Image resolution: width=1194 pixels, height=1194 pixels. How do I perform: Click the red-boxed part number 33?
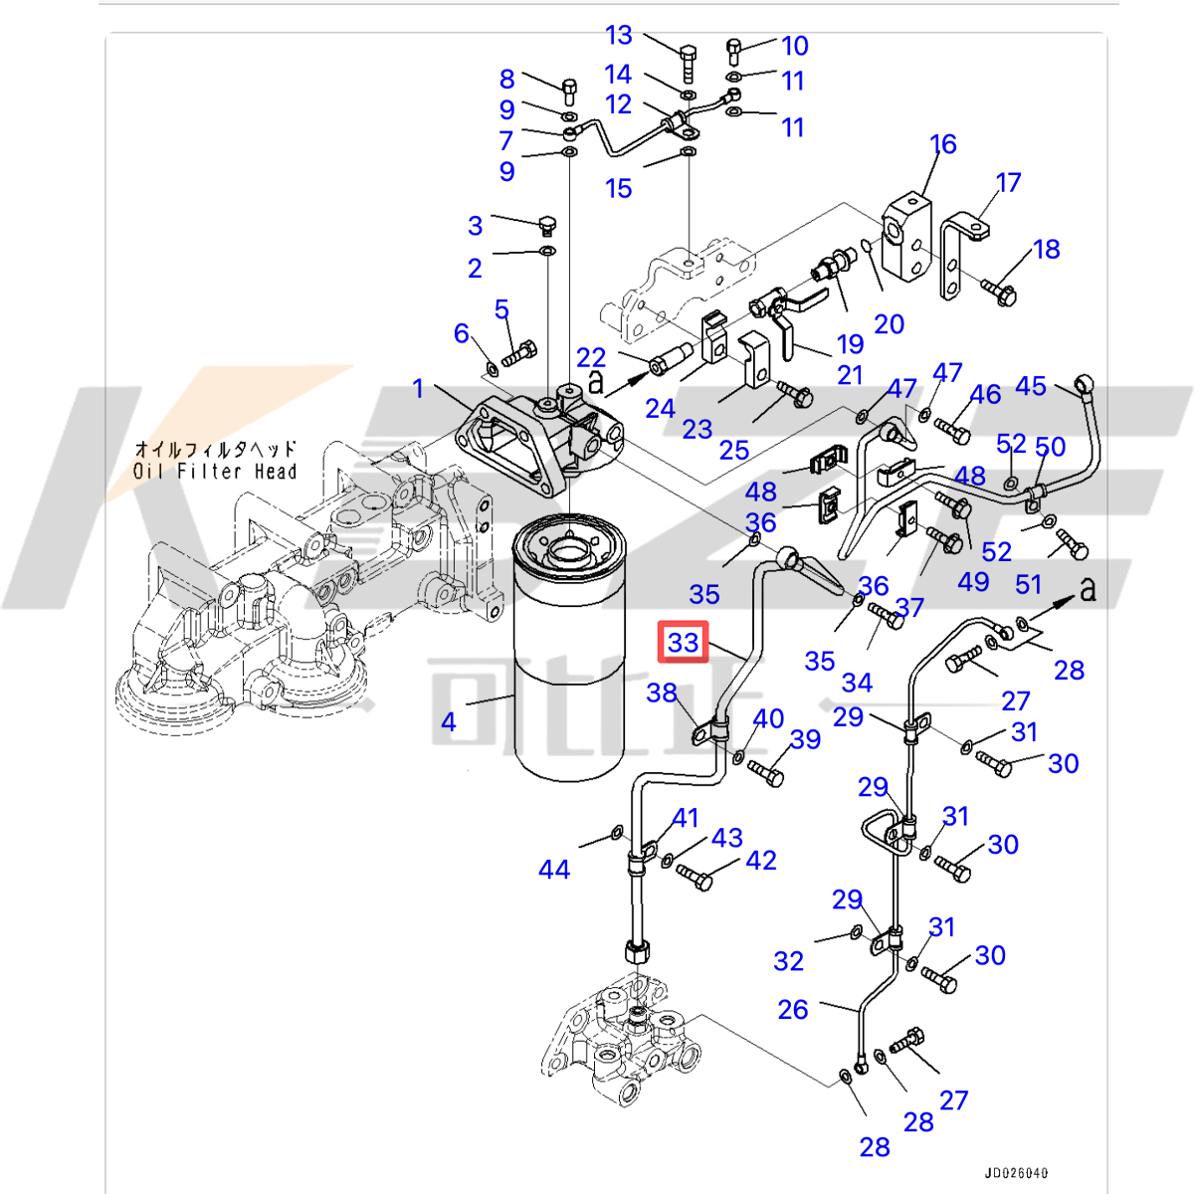point(684,642)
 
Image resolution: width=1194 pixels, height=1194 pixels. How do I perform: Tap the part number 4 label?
point(449,721)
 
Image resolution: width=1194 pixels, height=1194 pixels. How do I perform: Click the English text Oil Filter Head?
point(216,472)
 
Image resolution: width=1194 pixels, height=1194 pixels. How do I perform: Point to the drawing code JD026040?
point(1017,1173)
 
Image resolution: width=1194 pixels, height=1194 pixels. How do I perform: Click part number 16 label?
point(943,144)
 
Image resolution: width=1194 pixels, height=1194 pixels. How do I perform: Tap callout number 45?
point(1031,386)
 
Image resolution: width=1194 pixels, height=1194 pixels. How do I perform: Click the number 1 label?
point(418,388)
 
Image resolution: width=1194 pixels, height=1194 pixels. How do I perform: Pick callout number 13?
point(618,36)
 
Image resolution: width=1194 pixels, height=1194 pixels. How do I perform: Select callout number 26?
point(793,1009)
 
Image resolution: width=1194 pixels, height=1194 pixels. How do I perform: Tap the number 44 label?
point(554,870)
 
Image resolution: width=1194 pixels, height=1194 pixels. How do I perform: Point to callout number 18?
point(1047,249)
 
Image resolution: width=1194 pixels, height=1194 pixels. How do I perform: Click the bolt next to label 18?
point(998,291)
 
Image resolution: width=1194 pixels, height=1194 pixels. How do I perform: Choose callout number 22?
point(591,357)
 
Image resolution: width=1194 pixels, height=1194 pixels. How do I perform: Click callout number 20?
point(889,323)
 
